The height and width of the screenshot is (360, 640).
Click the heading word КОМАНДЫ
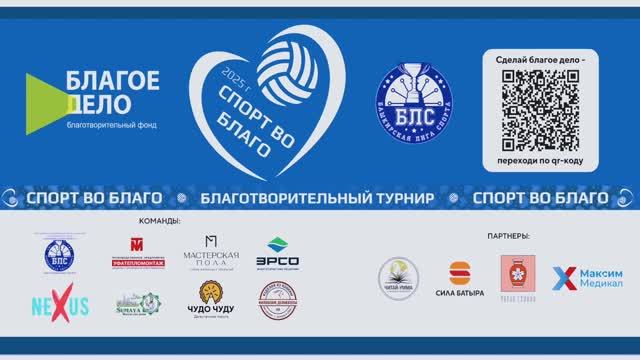click(161, 221)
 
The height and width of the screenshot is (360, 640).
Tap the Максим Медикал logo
click(588, 279)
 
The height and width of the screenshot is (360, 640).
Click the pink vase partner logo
click(518, 273)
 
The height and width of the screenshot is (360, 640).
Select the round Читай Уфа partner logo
click(398, 276)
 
